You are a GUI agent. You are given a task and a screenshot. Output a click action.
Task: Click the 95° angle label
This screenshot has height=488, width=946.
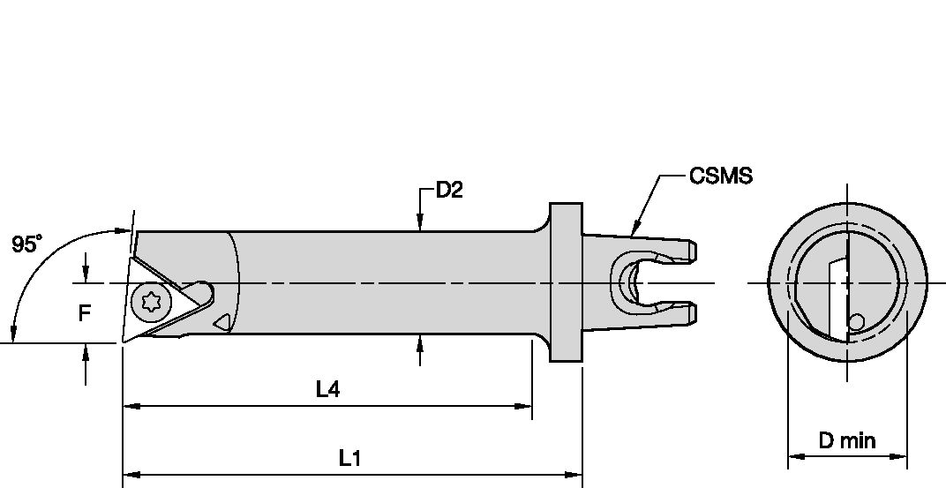(x=26, y=244)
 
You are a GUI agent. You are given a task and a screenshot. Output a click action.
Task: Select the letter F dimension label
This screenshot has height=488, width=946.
(x=84, y=312)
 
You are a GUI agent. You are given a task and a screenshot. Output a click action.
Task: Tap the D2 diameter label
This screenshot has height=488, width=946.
(x=449, y=191)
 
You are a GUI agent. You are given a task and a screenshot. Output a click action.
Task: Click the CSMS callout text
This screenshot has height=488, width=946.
(x=721, y=176)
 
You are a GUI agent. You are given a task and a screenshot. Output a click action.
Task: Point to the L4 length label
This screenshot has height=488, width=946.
(x=327, y=388)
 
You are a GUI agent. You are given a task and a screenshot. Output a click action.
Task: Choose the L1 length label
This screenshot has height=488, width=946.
(x=350, y=459)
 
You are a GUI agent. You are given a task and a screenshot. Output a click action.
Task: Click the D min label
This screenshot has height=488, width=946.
(x=846, y=440)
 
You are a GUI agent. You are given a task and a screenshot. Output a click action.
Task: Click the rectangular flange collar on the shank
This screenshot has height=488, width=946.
(x=566, y=282)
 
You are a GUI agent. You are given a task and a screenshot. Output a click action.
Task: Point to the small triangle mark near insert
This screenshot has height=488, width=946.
(x=223, y=322)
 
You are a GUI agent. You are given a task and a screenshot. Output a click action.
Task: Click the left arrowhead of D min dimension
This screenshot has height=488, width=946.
(x=792, y=457)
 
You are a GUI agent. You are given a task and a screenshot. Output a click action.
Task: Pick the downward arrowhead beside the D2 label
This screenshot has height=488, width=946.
(x=420, y=225)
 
